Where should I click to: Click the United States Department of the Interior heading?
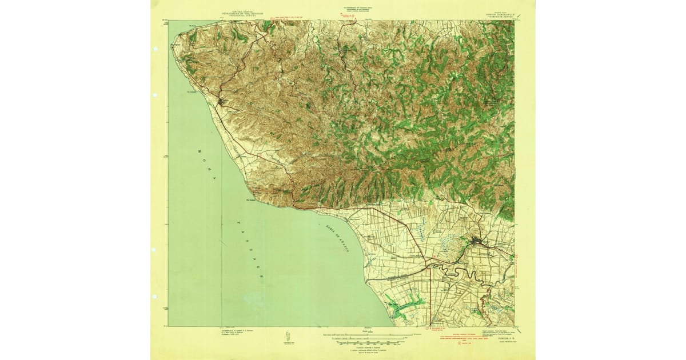pyautogui.click(x=240, y=10)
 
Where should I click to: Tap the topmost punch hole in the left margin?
pyautogui.click(x=155, y=49)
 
